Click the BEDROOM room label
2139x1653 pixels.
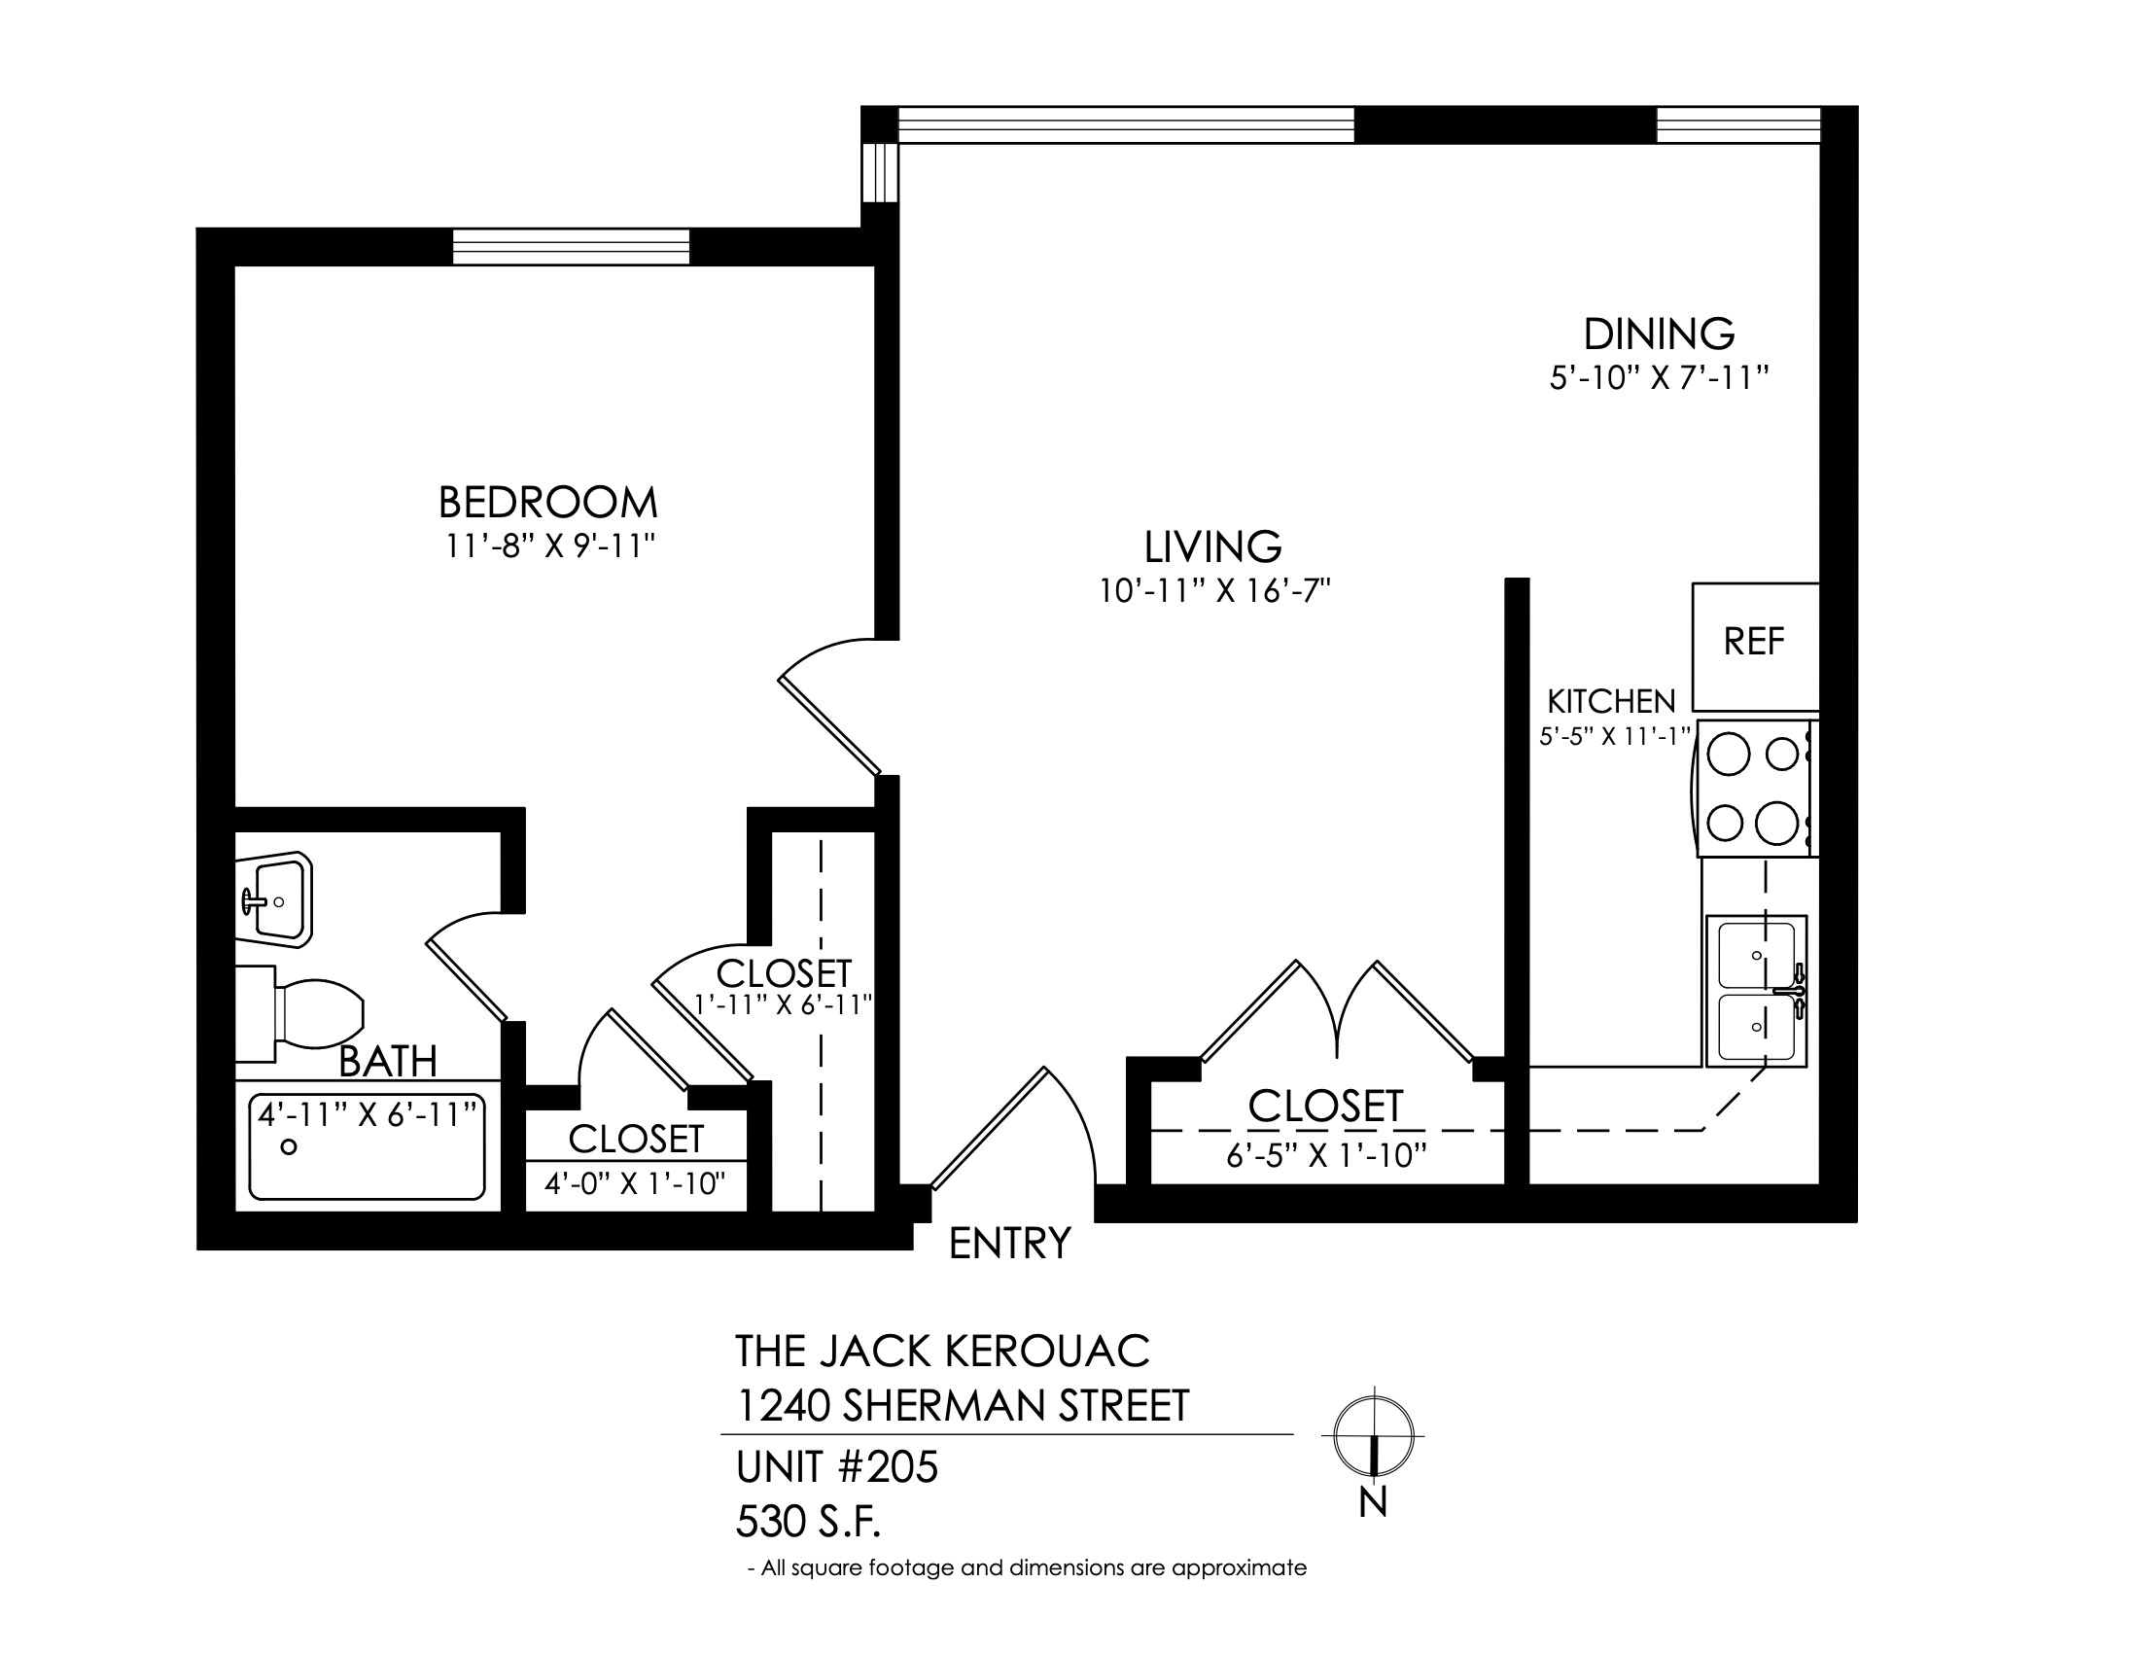click(x=547, y=503)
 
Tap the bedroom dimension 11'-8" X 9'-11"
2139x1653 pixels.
click(x=549, y=545)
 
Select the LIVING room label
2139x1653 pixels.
click(x=1212, y=546)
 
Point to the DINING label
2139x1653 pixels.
click(x=1659, y=334)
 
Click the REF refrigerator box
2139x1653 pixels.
click(x=1755, y=647)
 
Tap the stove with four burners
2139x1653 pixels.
click(x=1757, y=789)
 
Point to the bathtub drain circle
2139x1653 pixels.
click(x=288, y=1146)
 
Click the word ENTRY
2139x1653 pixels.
click(x=1010, y=1244)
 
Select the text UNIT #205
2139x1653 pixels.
click(x=836, y=1467)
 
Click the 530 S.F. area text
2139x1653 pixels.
click(x=809, y=1522)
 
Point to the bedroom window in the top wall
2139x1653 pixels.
click(x=571, y=246)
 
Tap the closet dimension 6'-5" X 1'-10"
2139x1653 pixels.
click(x=1326, y=1156)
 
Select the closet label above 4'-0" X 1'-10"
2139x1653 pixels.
click(x=637, y=1139)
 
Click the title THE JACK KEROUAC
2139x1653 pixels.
click(x=942, y=1352)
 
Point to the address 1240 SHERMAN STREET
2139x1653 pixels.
click(x=962, y=1406)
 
